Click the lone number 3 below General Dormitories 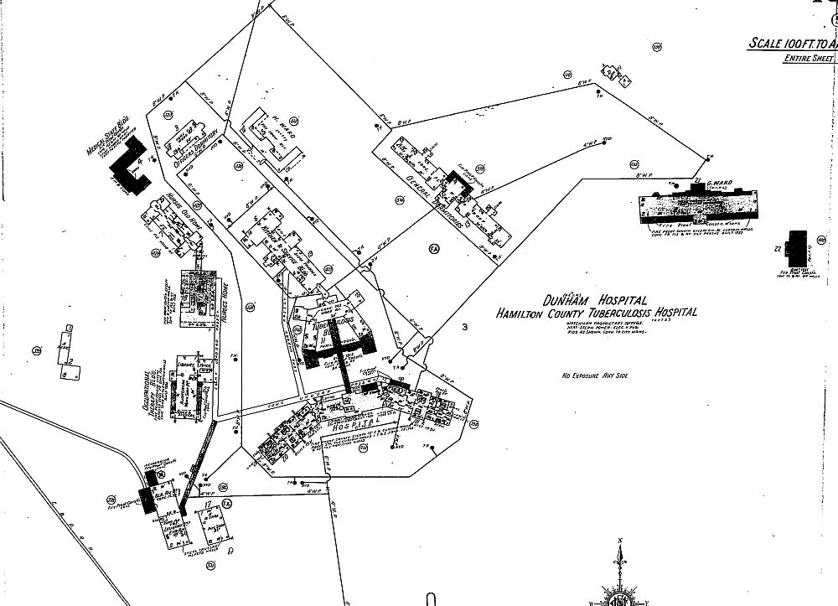(x=463, y=327)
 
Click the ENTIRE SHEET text (x=807, y=59)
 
